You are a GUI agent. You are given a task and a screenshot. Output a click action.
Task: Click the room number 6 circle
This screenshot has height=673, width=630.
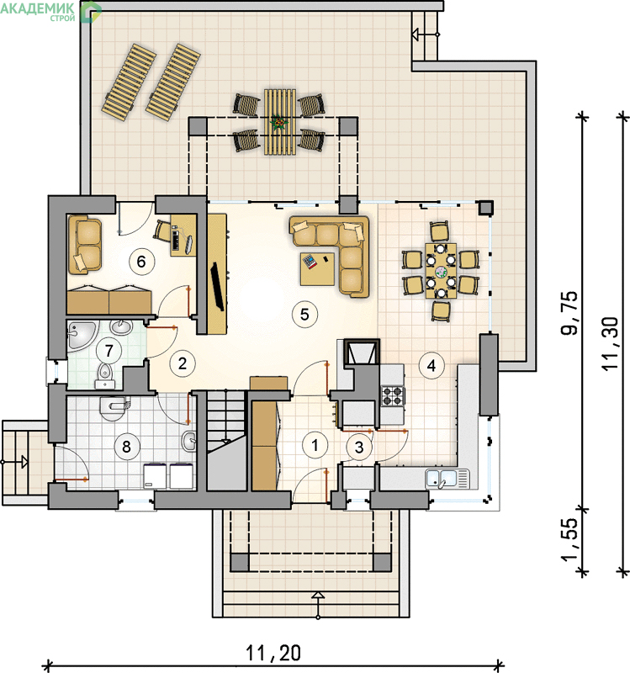pos(141,262)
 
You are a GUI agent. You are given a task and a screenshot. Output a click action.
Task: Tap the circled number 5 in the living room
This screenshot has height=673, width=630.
pos(304,314)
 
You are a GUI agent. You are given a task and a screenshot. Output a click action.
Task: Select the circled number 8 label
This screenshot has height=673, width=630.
pos(126,447)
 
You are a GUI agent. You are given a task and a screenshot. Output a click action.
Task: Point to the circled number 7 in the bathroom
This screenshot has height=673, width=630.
pos(109,351)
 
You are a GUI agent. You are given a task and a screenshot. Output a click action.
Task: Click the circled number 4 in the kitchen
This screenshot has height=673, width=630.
pos(431,365)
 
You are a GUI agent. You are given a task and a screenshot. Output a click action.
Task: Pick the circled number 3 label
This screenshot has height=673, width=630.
pos(359,447)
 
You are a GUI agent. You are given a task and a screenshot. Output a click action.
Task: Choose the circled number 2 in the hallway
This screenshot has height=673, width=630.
pos(183,363)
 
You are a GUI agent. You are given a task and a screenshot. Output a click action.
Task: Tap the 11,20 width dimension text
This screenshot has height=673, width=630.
pos(273,653)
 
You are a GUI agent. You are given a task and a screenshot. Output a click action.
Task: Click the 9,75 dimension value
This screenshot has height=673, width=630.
pos(569,313)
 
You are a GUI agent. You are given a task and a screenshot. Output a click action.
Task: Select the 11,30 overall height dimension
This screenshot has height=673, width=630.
pos(609,343)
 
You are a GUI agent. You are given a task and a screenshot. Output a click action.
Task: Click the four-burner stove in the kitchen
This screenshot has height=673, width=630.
pos(393,395)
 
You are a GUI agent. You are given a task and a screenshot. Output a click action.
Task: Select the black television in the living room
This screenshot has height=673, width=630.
pos(217,287)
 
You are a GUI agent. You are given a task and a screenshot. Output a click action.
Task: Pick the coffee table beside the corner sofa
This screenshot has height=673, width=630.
pos(317,269)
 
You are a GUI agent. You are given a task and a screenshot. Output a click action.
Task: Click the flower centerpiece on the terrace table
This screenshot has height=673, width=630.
pos(279,123)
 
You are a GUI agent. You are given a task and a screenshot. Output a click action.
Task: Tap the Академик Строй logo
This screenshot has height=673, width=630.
pos(50,11)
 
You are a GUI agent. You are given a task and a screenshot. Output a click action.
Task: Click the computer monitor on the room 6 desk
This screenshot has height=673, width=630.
pos(188,244)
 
